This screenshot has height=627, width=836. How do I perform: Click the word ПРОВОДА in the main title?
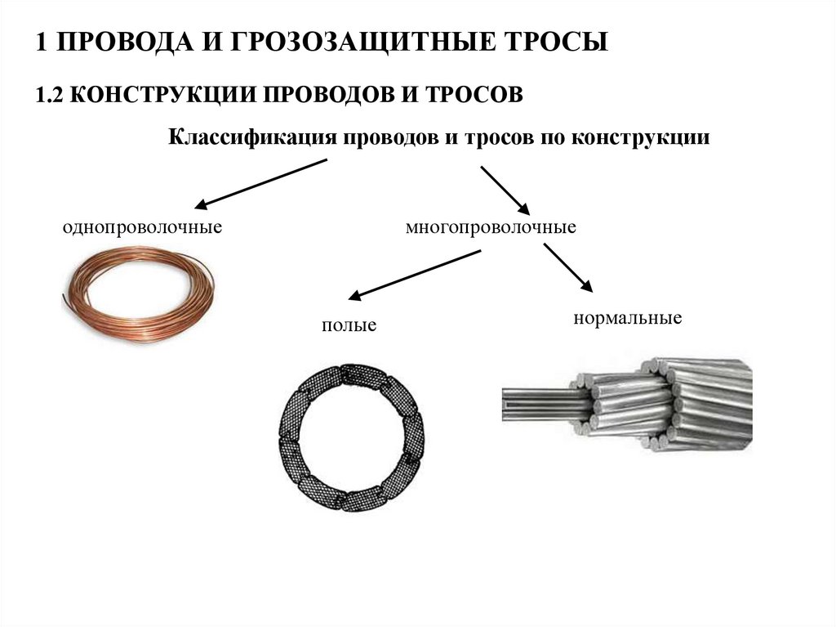(124, 42)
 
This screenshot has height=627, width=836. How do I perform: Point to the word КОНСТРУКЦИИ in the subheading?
(162, 95)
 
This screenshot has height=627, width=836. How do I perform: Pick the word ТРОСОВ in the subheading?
(474, 95)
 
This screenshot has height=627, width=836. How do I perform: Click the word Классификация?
(253, 137)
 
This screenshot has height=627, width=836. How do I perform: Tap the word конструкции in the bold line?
(640, 138)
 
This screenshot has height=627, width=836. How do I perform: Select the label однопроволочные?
(142, 227)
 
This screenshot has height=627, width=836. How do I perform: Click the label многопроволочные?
(491, 227)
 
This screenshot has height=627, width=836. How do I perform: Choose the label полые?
(349, 325)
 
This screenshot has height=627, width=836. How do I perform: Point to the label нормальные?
(628, 318)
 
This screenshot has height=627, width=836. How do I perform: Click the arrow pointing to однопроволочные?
(260, 183)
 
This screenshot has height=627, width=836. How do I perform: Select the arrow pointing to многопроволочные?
(505, 190)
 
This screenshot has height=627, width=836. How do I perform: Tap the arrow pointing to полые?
(414, 275)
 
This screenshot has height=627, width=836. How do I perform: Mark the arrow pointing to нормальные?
(568, 267)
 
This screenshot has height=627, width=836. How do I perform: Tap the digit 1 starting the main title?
(42, 43)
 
